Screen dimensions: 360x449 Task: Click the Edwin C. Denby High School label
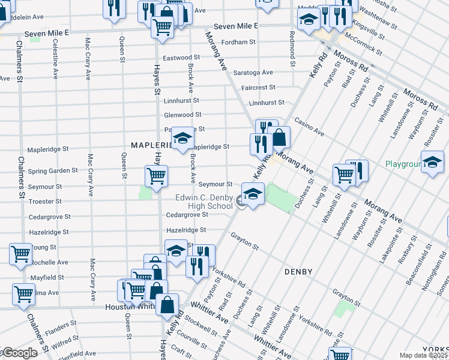204,202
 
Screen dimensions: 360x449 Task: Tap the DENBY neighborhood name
298,272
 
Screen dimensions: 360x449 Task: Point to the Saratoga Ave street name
253,73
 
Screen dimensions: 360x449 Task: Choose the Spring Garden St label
52,170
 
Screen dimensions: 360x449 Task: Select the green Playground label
404,163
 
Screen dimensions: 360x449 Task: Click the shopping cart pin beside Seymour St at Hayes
156,176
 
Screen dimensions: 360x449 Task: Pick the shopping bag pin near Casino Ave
279,137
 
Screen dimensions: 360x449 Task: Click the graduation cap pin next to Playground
432,162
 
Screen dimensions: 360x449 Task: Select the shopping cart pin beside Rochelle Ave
21,254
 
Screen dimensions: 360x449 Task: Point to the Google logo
19,353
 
